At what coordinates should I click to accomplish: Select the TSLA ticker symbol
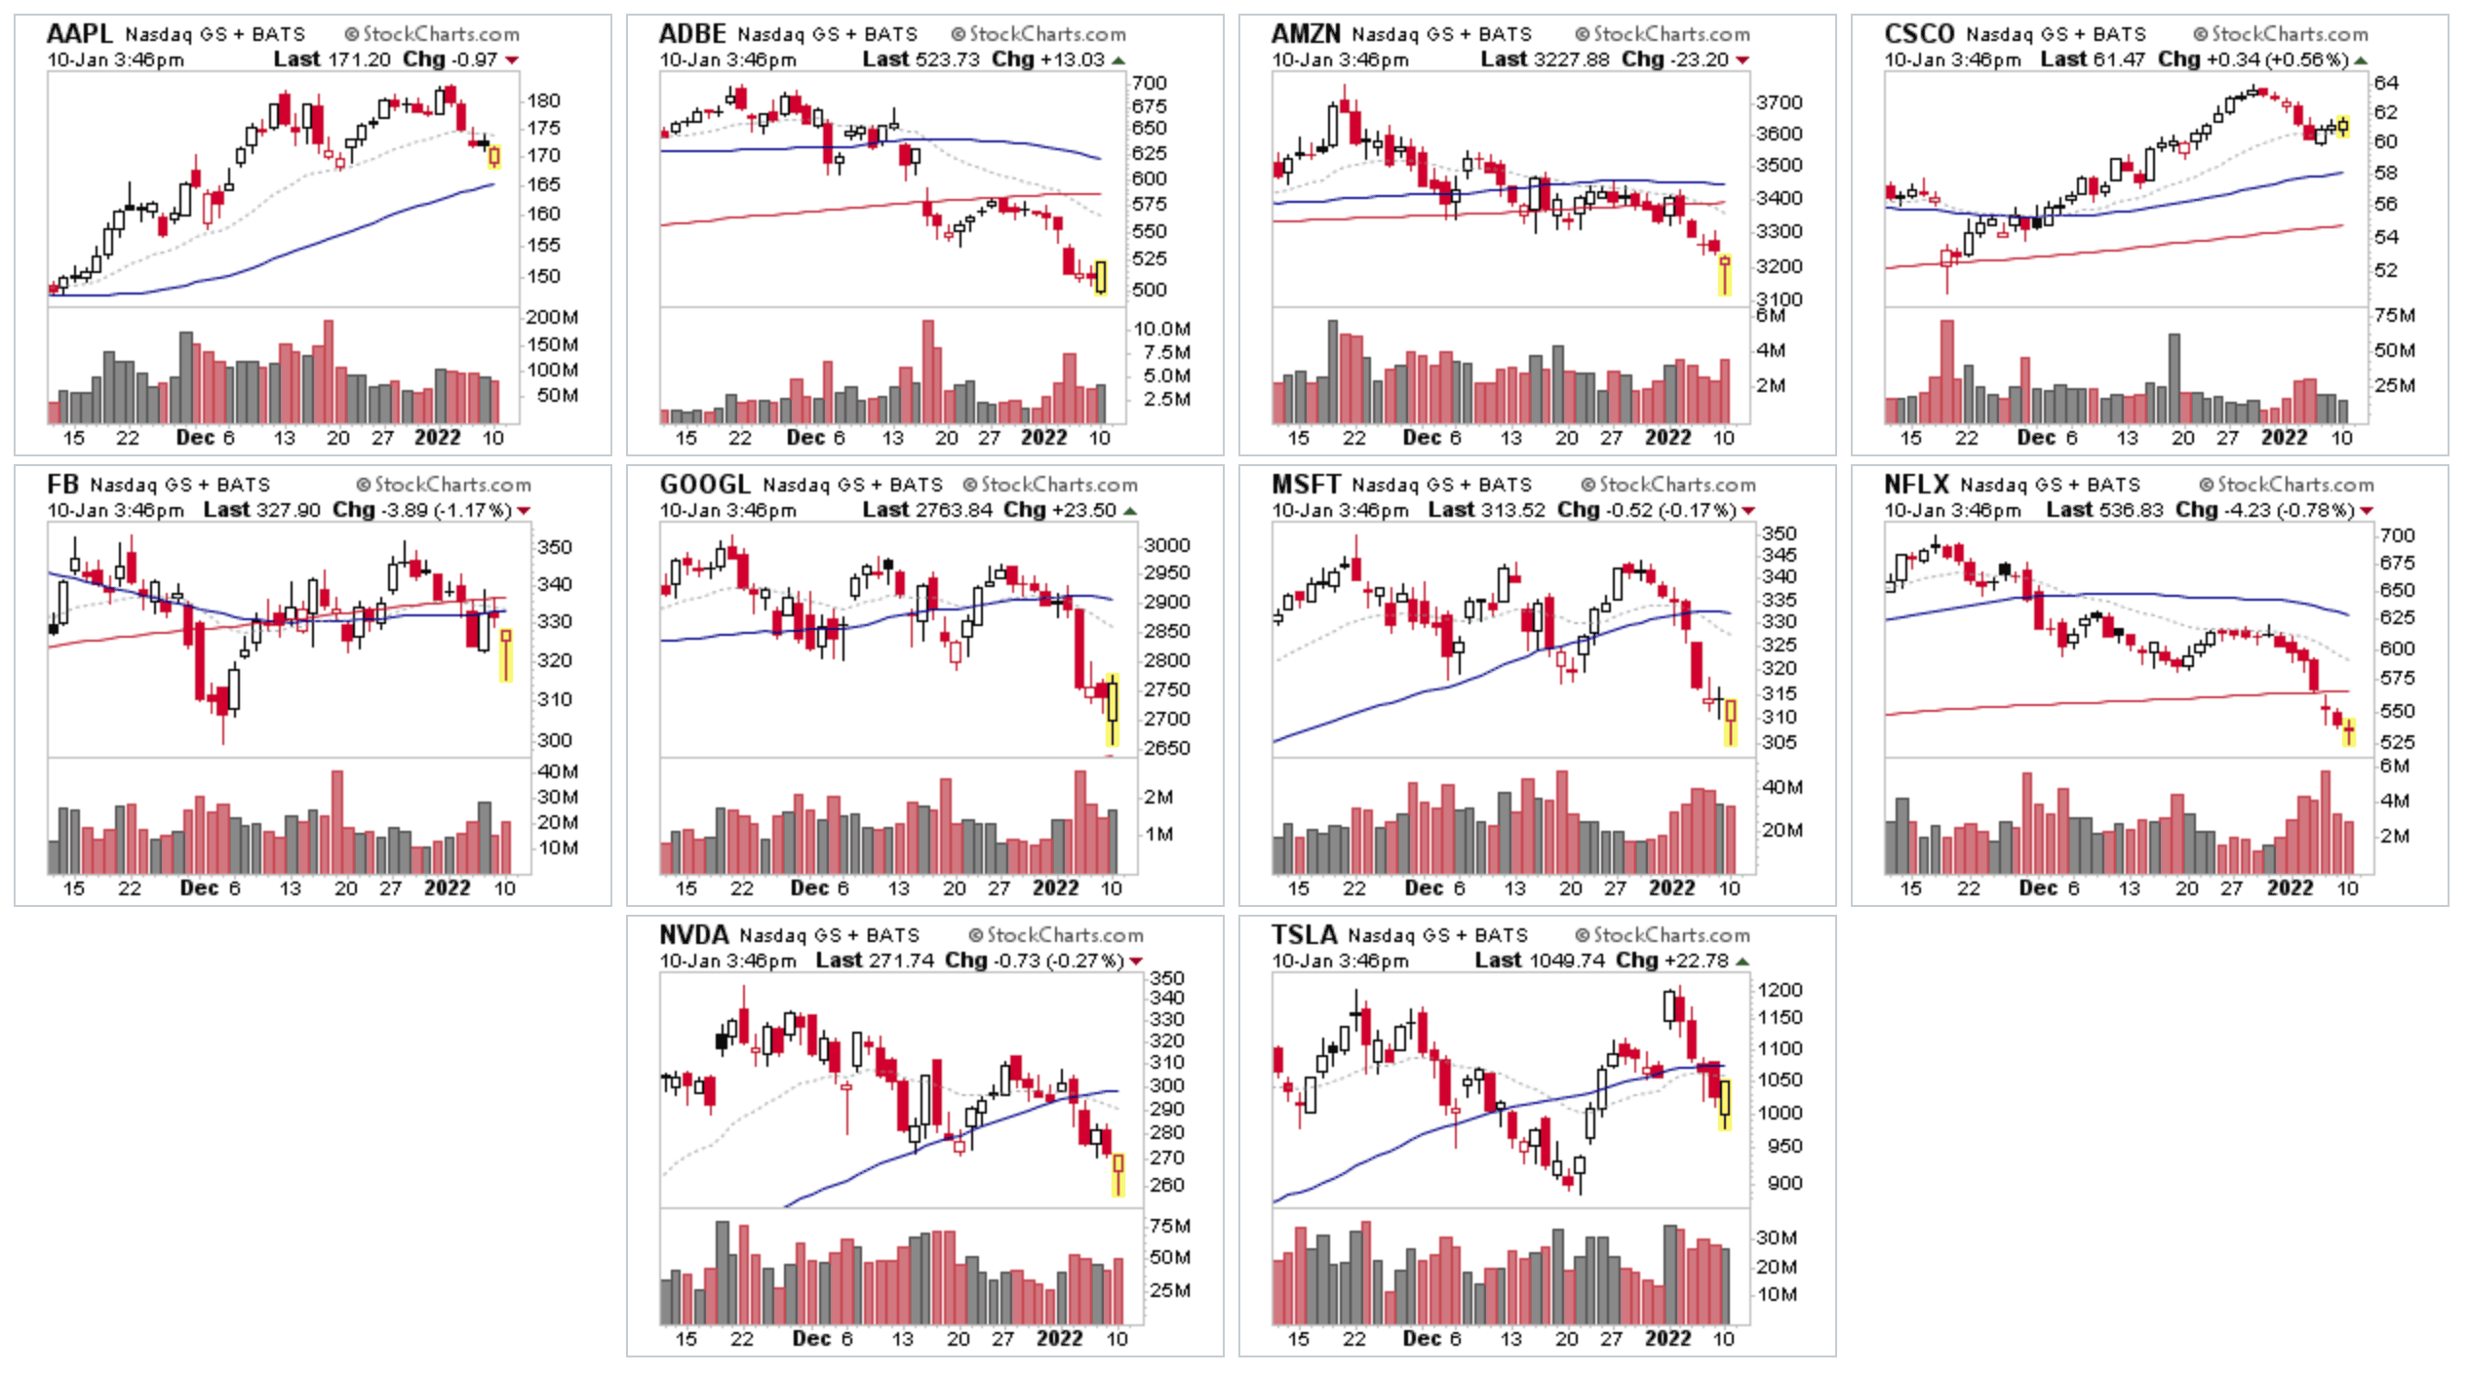pos(1304,934)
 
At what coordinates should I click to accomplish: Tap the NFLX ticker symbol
pos(1915,484)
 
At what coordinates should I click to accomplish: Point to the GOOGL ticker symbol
pos(704,484)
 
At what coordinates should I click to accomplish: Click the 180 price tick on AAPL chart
pos(543,100)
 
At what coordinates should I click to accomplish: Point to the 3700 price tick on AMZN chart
pos(1779,102)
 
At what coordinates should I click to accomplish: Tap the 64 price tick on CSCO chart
pos(2385,83)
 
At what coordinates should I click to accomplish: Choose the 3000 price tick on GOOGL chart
pos(1166,545)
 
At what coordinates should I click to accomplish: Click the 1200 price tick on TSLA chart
pos(1779,990)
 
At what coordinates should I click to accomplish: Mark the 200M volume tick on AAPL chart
pos(552,317)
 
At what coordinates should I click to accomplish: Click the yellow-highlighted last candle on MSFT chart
pos(1731,722)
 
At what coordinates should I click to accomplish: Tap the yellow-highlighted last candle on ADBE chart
pos(1101,276)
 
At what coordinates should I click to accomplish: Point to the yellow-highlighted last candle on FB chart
pos(505,654)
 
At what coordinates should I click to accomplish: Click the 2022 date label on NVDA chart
pos(1059,1338)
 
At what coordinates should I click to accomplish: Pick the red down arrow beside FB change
pos(524,511)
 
